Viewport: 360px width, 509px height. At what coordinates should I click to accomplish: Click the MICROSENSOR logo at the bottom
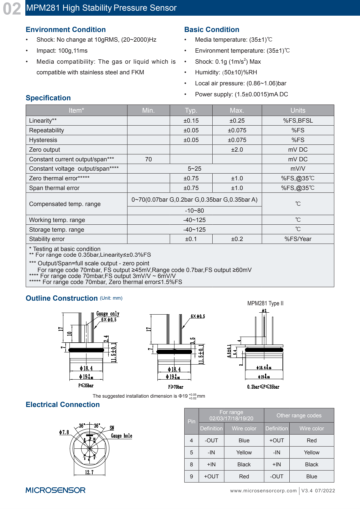tap(55, 490)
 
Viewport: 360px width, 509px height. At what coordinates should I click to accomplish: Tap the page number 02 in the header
tap(12, 9)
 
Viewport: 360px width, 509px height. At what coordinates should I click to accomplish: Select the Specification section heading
tap(48, 98)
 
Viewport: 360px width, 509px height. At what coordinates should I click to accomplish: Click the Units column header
tap(298, 110)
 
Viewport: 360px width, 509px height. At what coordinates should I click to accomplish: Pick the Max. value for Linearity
tap(237, 121)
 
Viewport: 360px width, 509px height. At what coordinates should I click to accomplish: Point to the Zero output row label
tap(45, 150)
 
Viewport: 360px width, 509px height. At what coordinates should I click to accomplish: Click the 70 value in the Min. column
tap(148, 159)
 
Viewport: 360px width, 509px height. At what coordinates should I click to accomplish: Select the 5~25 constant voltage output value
tap(194, 169)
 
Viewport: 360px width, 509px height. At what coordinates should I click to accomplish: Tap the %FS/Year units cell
tap(298, 239)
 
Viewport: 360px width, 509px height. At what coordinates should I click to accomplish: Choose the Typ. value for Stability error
tap(191, 239)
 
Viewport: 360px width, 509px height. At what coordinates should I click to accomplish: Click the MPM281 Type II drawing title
tap(265, 303)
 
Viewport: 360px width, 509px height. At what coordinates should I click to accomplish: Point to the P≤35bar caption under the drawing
tap(86, 386)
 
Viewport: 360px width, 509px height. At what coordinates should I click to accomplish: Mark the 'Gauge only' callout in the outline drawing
tap(108, 314)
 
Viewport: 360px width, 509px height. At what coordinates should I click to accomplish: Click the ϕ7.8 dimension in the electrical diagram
tap(64, 432)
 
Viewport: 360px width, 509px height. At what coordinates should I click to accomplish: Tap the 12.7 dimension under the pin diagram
tap(89, 472)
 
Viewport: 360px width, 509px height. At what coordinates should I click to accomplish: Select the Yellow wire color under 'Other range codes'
tap(311, 452)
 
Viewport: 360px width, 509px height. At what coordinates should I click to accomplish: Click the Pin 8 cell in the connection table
tap(191, 464)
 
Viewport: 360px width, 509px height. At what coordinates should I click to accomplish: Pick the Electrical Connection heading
tap(63, 405)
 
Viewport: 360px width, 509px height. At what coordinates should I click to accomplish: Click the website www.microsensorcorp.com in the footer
tap(263, 491)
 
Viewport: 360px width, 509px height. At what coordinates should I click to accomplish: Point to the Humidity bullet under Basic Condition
tap(226, 72)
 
